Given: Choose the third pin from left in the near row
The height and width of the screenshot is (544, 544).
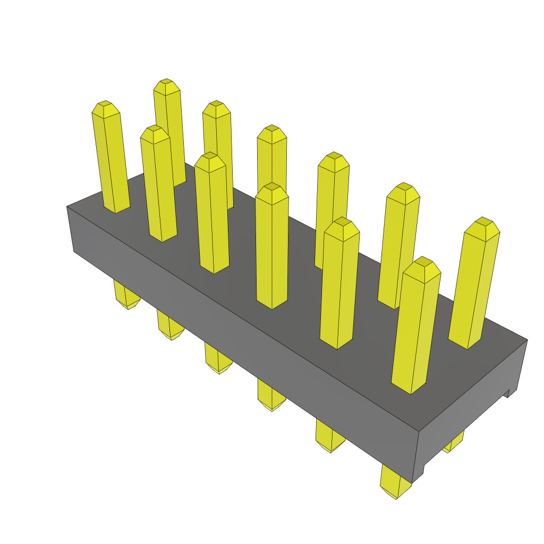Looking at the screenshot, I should pos(212,212).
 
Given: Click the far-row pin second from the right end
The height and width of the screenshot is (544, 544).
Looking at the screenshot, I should pos(398,244).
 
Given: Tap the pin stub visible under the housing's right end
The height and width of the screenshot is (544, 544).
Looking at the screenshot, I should pos(453,442).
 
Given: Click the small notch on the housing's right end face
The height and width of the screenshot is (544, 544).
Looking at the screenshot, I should pos(506,393).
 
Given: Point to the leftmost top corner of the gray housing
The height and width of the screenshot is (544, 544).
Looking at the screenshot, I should pos(67,206).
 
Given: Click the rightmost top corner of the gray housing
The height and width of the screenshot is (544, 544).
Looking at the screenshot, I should pos(527,339).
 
